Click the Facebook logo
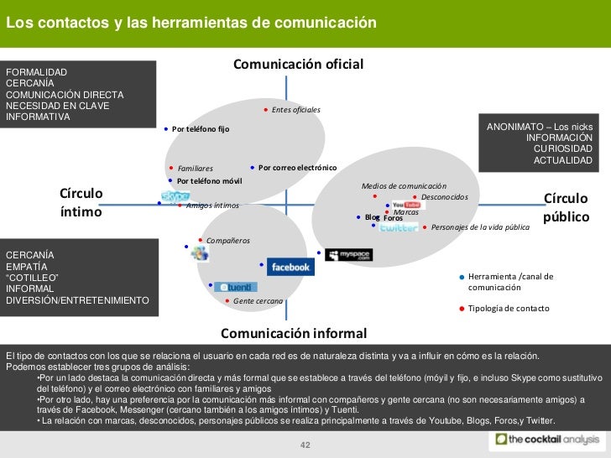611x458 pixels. click(x=290, y=267)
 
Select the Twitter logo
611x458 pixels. click(x=399, y=227)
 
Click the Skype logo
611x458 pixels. click(x=176, y=197)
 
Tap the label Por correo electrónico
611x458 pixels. click(x=296, y=167)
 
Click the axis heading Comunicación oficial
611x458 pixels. click(x=297, y=65)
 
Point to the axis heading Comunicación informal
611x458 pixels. click(x=293, y=332)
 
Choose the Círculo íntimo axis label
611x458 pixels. click(x=81, y=202)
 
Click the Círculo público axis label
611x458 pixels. click(x=567, y=207)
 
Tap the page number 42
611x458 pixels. click(x=305, y=444)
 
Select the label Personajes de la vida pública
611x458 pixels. click(x=480, y=227)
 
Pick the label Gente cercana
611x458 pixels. click(x=258, y=300)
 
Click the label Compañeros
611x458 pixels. click(x=227, y=241)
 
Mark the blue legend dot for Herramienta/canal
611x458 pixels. click(x=461, y=277)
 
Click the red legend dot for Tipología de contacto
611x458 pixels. click(x=461, y=309)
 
